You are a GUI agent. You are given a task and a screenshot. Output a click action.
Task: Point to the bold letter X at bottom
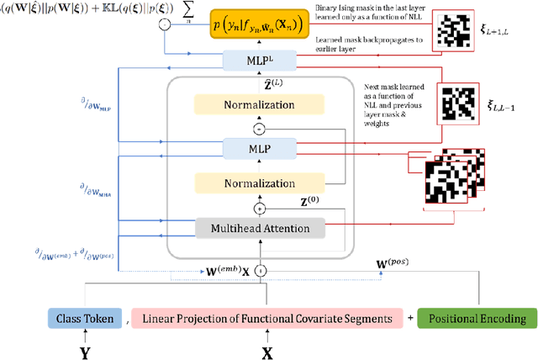pos(266,350)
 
